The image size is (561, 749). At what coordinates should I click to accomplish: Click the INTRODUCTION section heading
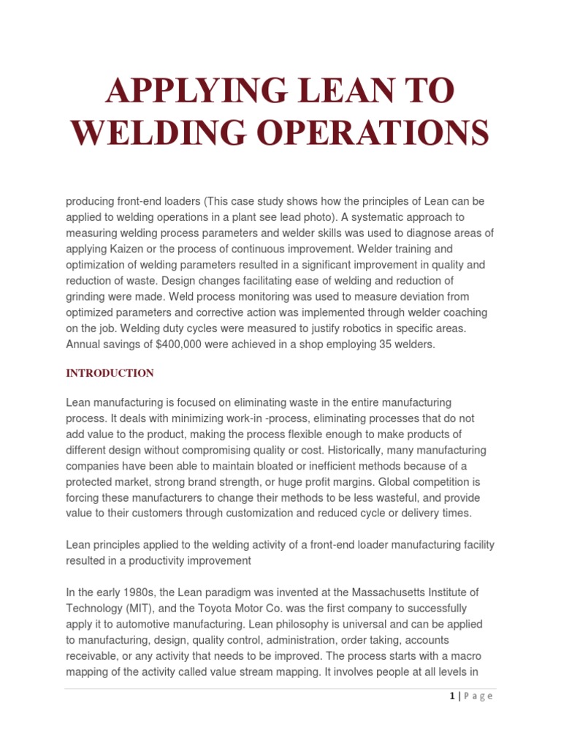coord(110,373)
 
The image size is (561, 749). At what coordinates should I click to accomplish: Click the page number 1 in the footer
coord(453,696)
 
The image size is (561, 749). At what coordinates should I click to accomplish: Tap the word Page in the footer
coord(478,696)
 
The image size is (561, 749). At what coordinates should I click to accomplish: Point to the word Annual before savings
coord(85,345)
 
